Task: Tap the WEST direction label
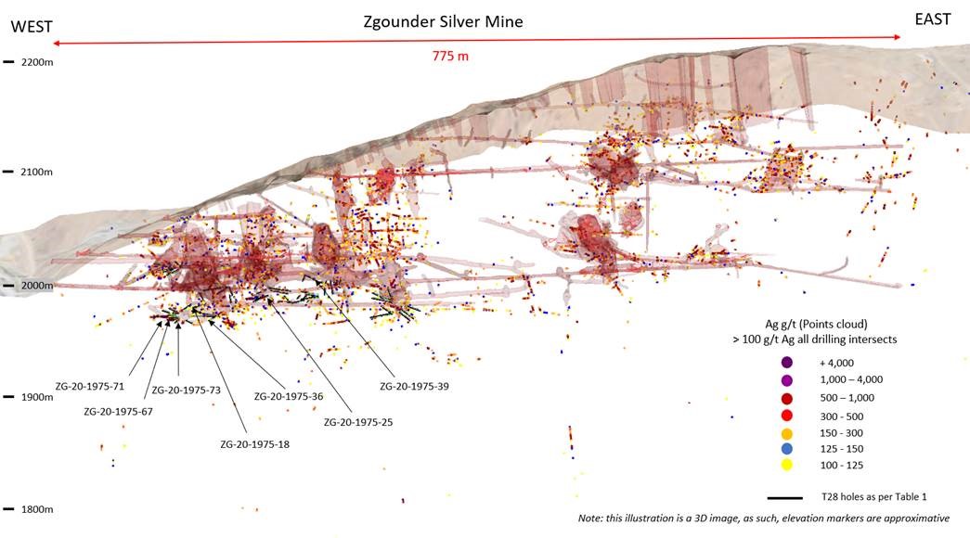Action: [27, 28]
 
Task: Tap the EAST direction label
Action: [931, 19]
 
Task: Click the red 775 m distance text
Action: [450, 57]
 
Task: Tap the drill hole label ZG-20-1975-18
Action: [255, 444]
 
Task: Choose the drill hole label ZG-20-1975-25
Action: [358, 421]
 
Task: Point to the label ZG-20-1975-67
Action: [119, 411]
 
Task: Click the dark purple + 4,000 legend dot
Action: [787, 363]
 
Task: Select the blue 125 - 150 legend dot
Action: [787, 448]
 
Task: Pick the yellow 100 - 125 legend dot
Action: [787, 465]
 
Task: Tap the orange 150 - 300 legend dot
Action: [787, 431]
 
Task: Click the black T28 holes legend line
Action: [785, 497]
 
